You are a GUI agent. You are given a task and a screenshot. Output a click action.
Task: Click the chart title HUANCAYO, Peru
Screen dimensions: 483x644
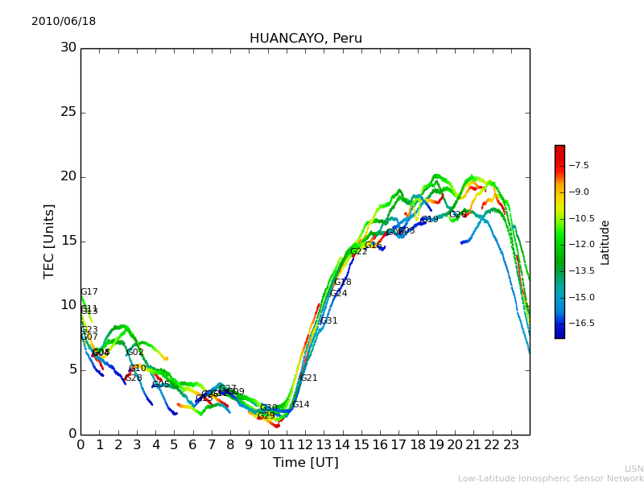(x=306, y=39)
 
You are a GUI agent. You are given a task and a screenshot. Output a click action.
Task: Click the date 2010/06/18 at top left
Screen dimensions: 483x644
(x=64, y=22)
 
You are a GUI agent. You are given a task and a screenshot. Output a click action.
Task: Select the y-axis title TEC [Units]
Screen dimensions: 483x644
(x=50, y=242)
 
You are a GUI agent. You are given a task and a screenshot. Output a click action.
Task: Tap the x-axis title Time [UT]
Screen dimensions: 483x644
(x=305, y=463)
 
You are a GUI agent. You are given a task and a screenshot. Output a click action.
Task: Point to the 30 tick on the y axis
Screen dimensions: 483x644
(x=68, y=47)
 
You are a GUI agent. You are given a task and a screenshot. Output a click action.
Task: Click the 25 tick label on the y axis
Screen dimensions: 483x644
(x=68, y=112)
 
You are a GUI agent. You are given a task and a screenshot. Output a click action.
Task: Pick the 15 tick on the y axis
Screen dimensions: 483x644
(x=68, y=241)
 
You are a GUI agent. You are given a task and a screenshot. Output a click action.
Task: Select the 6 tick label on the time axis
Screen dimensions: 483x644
(x=192, y=444)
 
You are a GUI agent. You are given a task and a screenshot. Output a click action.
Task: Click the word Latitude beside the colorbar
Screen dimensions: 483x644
(x=605, y=242)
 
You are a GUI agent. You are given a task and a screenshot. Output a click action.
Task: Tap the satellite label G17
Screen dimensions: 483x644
(x=89, y=292)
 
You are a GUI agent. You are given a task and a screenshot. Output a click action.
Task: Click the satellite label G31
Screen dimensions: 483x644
(x=328, y=321)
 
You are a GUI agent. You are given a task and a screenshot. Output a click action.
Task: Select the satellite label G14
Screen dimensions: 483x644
(x=300, y=405)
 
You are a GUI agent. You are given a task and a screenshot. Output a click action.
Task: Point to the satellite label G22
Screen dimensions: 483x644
(x=358, y=252)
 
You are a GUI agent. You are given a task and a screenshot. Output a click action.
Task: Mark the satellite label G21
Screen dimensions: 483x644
(x=308, y=378)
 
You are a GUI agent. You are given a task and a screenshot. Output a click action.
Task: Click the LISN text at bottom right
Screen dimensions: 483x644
(x=634, y=469)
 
